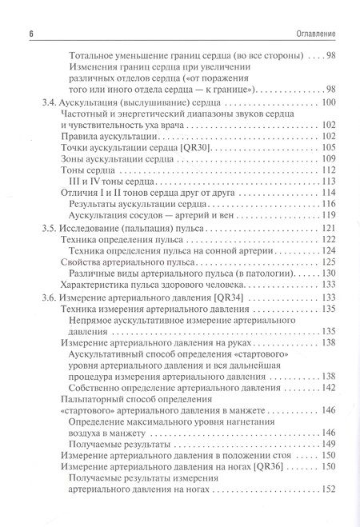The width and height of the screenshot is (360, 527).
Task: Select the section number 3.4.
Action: [x=49, y=105]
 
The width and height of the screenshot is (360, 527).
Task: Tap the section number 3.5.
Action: [x=49, y=228]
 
